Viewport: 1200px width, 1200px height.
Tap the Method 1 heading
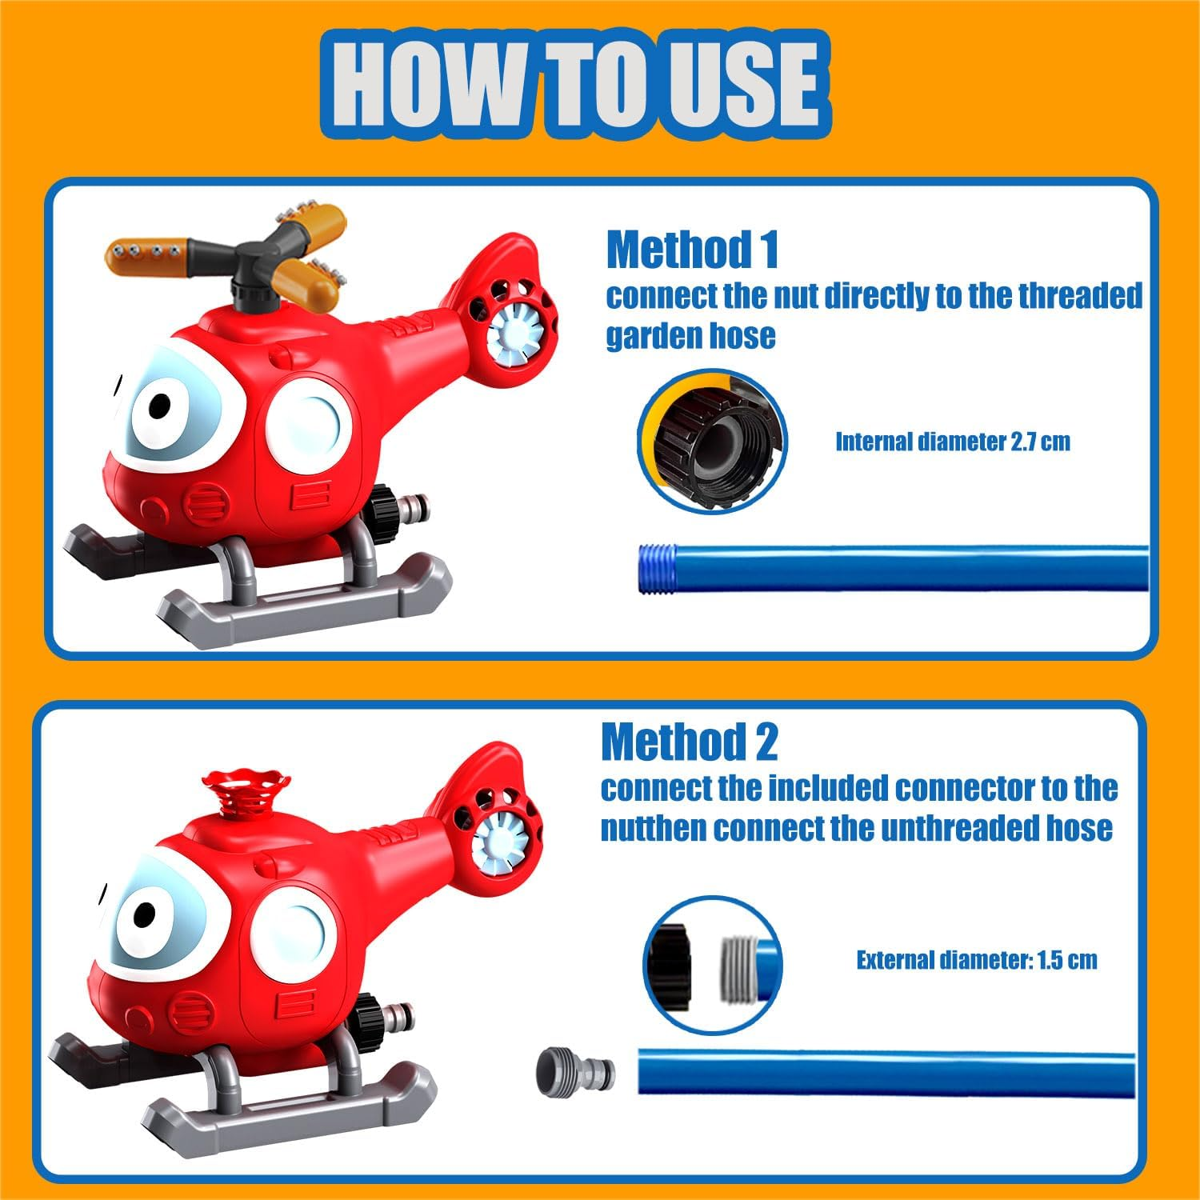pyautogui.click(x=692, y=250)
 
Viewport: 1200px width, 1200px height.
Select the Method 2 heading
pyautogui.click(x=689, y=742)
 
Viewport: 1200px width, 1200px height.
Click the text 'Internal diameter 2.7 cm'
pyautogui.click(x=952, y=442)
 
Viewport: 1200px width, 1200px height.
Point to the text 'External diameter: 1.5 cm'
pyautogui.click(x=976, y=960)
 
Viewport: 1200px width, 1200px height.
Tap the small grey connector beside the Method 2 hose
pyautogui.click(x=575, y=1070)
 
